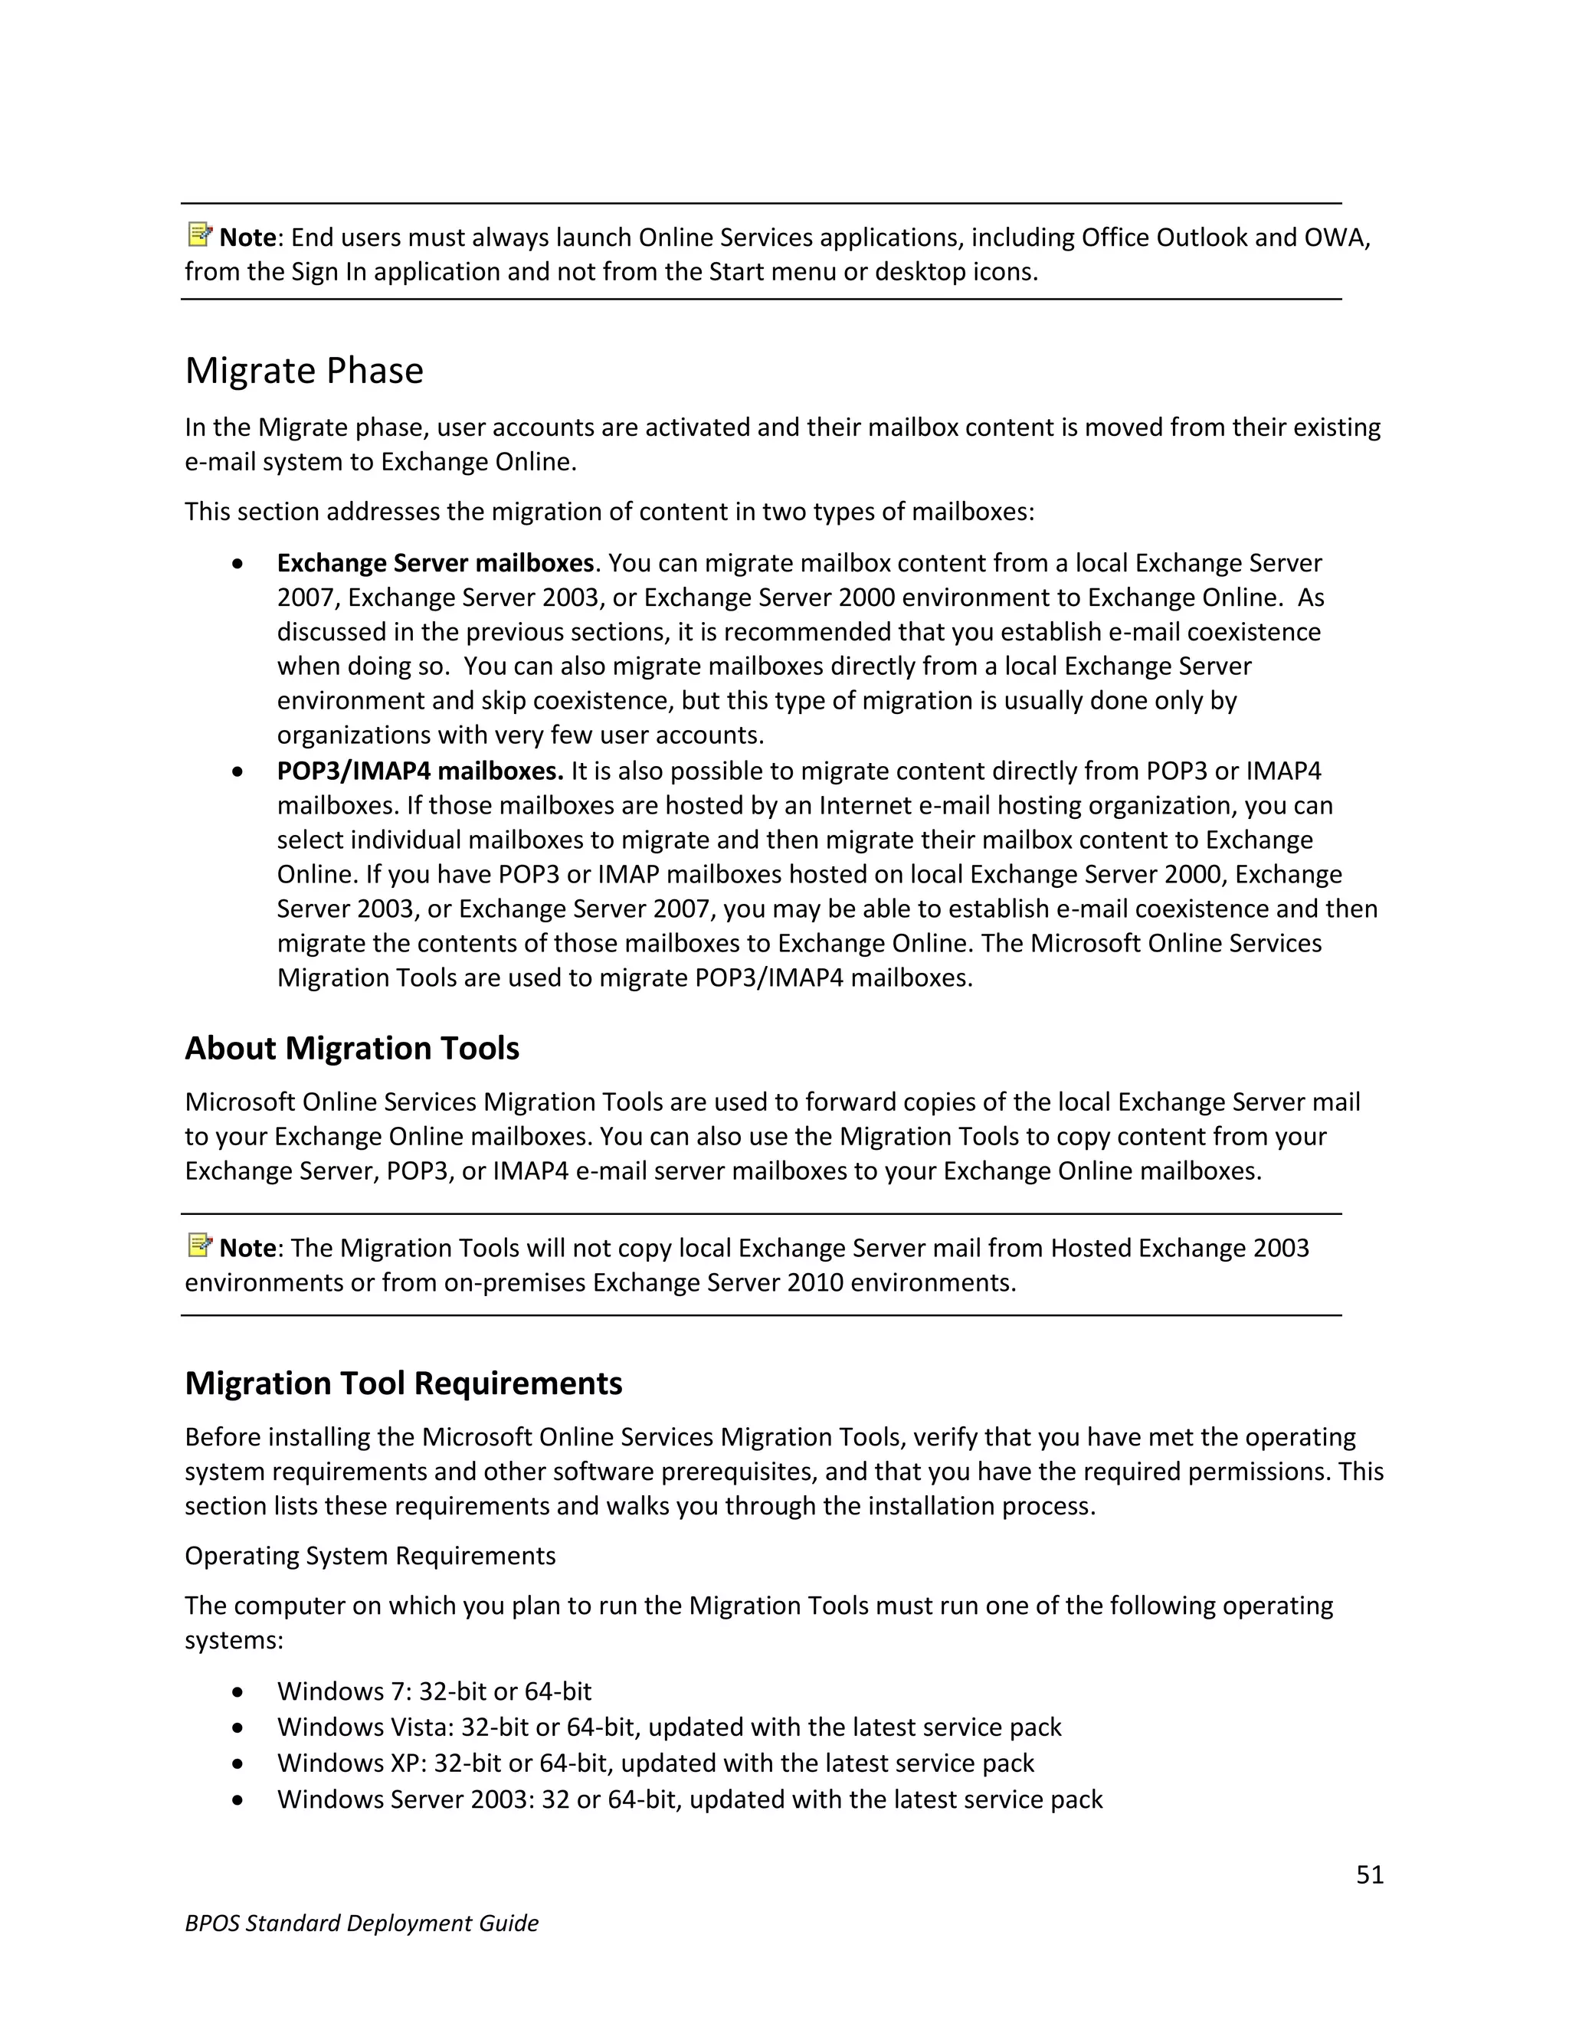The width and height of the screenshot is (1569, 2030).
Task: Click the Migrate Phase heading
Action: click(x=304, y=371)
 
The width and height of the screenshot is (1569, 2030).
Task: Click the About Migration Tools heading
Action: click(x=352, y=1049)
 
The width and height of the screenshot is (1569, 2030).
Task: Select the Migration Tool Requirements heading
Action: click(x=404, y=1383)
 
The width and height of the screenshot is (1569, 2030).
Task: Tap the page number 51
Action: click(x=1369, y=1874)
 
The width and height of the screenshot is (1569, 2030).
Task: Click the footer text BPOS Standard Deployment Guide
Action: click(x=362, y=1923)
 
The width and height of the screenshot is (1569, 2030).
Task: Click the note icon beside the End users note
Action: click(x=199, y=234)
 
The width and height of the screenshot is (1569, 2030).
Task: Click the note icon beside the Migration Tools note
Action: click(x=199, y=1245)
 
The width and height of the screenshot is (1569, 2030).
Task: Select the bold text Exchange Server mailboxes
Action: click(x=435, y=563)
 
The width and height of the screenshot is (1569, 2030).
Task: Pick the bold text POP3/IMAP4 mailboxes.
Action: click(x=420, y=771)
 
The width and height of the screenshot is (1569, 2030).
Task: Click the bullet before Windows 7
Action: click(x=239, y=1691)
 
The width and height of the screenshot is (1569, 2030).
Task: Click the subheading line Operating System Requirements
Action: click(x=370, y=1556)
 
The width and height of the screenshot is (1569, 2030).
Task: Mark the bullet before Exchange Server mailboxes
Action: click(x=239, y=565)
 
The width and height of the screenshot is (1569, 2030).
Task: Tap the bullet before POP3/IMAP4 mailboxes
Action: click(x=239, y=771)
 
